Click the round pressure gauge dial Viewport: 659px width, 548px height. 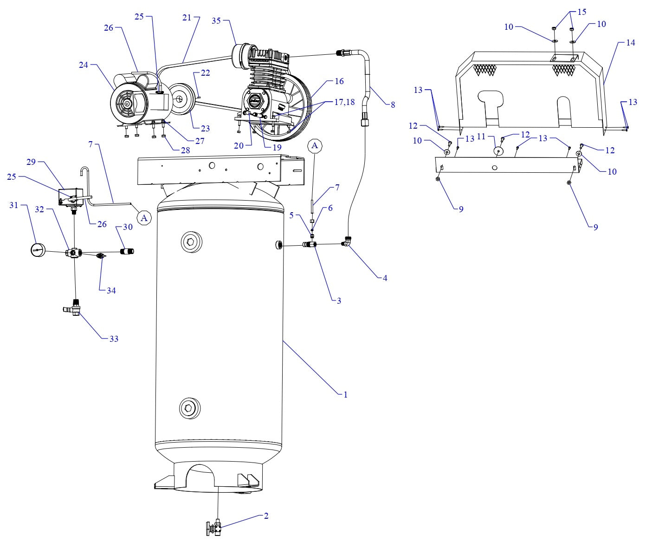tap(38, 251)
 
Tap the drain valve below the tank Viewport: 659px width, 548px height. tap(214, 528)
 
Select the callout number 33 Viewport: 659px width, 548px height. tap(114, 339)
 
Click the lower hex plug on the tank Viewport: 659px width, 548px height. tap(190, 408)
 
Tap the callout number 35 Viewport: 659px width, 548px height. tap(216, 20)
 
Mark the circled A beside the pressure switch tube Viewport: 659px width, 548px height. tap(144, 217)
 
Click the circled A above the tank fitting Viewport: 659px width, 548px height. tap(315, 146)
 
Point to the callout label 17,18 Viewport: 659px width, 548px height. tap(343, 102)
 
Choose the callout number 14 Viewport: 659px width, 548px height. tap(630, 43)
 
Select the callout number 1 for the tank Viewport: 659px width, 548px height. tap(345, 395)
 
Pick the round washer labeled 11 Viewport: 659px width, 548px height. tap(498, 151)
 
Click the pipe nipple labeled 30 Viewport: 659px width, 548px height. tap(126, 251)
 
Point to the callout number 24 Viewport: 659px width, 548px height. tap(83, 65)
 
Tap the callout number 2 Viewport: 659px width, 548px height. tap(266, 515)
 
